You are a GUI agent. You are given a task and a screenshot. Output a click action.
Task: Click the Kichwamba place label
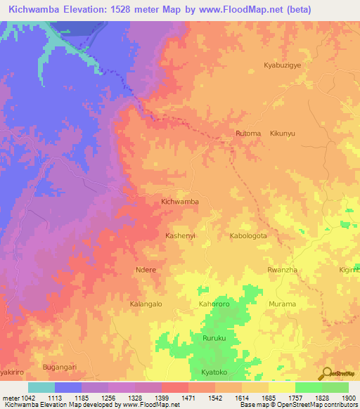180,202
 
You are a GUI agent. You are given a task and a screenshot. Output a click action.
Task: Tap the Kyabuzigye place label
281,65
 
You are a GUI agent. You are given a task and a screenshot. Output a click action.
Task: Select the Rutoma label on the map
248,133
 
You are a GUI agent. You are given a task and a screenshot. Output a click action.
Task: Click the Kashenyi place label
180,235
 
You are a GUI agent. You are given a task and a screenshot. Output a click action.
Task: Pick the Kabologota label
248,235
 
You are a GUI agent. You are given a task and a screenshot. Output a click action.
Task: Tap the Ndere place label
146,270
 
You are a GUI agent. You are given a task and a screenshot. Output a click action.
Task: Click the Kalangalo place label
146,304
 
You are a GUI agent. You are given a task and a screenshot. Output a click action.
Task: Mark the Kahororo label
214,304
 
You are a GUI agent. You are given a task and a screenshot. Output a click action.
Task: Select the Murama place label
283,304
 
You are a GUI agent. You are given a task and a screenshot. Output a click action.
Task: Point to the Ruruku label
214,338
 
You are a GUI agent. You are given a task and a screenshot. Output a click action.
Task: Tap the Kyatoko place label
214,372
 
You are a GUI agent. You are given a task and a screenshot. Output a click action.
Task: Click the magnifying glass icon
328,373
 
